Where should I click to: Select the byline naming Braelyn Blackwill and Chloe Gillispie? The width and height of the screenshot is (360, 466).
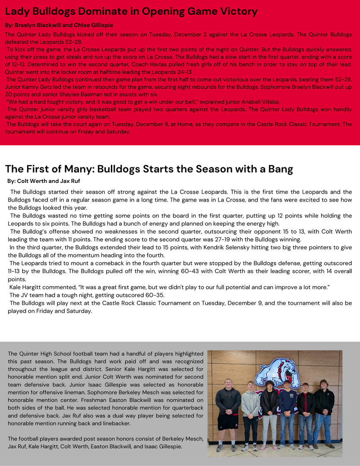click(59, 25)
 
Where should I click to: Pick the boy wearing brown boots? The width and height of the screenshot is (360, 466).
click(324, 414)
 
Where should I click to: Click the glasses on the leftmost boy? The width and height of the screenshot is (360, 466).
click(228, 384)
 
